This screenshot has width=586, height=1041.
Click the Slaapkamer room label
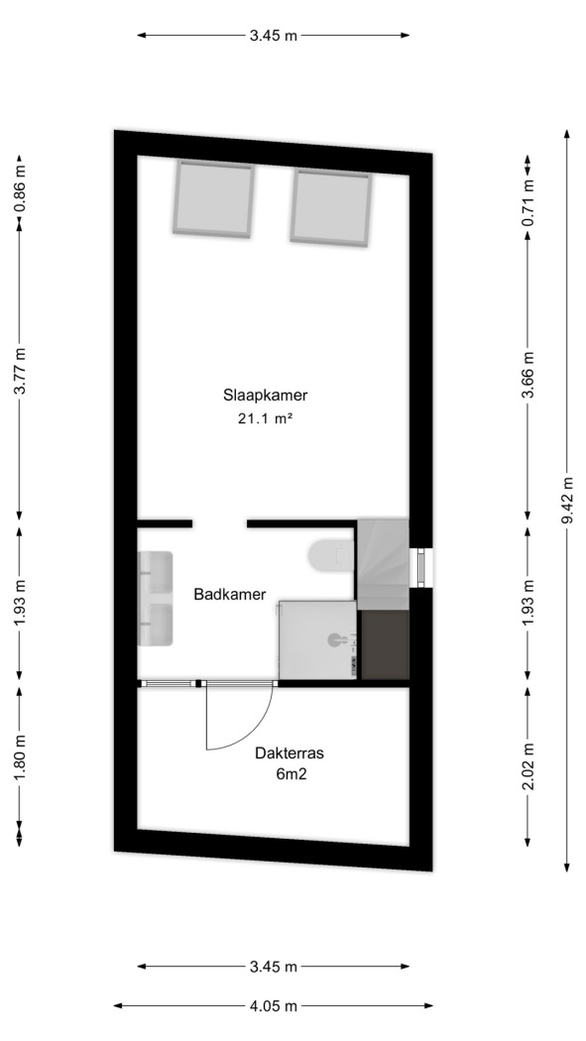click(x=266, y=396)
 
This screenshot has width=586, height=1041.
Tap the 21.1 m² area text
click(x=265, y=418)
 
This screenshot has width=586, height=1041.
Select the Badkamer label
click(x=230, y=594)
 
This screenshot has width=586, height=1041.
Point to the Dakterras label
click(x=290, y=753)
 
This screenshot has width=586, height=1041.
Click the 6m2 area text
click(x=290, y=773)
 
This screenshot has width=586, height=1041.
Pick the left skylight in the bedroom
click(x=214, y=198)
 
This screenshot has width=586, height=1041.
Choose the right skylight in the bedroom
click(x=330, y=208)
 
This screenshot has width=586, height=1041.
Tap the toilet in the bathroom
click(x=331, y=555)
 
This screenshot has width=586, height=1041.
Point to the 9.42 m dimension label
click(x=567, y=501)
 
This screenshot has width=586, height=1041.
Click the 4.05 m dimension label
click(x=274, y=1006)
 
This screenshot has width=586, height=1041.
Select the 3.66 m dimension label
click(x=528, y=375)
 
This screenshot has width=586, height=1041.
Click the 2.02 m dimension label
click(x=528, y=766)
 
